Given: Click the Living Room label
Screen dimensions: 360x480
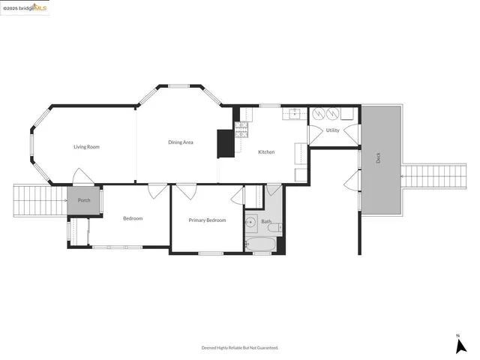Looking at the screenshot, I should (x=86, y=147).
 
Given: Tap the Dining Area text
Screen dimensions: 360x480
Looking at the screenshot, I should (x=181, y=142).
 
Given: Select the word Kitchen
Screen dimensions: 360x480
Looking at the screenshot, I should (x=266, y=152).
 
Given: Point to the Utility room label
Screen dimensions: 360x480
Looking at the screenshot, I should (x=333, y=130).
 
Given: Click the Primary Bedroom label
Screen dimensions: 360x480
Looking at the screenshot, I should (x=207, y=220).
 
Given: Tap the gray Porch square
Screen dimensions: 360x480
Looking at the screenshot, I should (x=84, y=200).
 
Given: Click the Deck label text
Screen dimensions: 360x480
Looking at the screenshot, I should (x=379, y=158).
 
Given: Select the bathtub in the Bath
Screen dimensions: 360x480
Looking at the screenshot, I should (x=261, y=244).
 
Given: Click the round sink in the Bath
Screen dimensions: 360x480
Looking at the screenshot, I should (x=251, y=223).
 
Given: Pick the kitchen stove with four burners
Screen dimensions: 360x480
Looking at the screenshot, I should (x=241, y=130).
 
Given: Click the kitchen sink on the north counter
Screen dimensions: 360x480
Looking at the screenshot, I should (x=292, y=114).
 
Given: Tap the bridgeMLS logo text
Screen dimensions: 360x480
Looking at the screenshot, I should (x=25, y=7).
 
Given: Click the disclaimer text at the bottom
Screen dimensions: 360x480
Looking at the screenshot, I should (x=240, y=348).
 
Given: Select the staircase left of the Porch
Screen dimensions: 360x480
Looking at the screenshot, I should (x=40, y=200).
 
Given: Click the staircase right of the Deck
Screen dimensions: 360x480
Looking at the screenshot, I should (x=424, y=177).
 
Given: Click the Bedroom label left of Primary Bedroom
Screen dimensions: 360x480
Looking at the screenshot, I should (x=133, y=218).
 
